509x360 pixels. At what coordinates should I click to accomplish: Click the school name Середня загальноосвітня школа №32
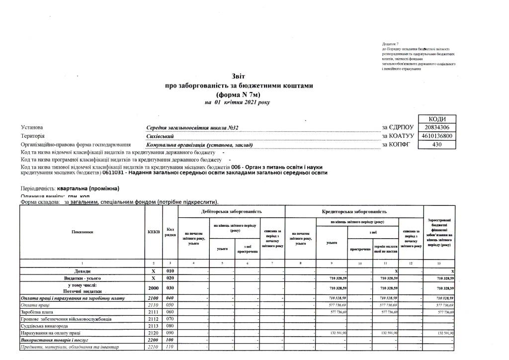[x=193, y=128]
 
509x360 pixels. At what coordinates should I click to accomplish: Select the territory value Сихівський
[x=160, y=136]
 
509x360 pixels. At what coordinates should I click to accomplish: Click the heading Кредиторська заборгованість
[x=353, y=212]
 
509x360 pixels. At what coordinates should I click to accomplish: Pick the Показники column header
[x=82, y=231]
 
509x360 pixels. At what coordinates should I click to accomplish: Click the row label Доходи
[x=82, y=270]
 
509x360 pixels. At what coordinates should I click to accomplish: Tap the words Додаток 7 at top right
[x=391, y=45]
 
